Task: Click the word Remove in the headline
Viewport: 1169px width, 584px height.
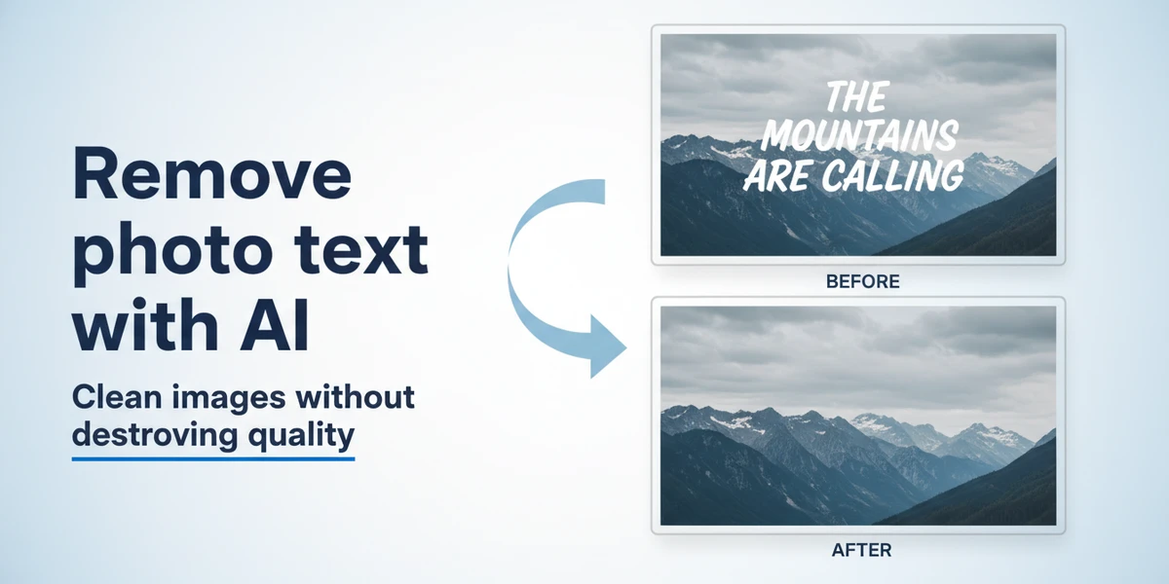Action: pos(211,176)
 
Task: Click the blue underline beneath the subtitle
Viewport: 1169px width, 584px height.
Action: pos(213,456)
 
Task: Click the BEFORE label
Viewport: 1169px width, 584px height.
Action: pos(862,282)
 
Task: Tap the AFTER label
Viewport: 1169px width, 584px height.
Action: pos(861,550)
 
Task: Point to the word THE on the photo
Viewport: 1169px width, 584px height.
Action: pos(856,97)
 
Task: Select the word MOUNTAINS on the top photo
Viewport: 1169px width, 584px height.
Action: pos(857,136)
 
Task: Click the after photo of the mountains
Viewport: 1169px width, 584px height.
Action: pos(857,416)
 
